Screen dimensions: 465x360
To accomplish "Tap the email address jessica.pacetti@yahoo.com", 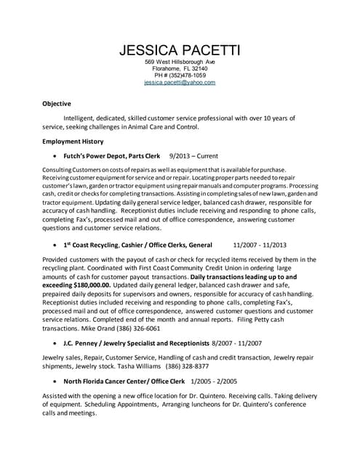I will coord(180,83).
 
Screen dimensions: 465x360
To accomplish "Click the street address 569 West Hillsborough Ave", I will coord(180,62).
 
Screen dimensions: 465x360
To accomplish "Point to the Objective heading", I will coord(57,103).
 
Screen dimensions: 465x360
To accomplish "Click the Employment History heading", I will coord(73,141).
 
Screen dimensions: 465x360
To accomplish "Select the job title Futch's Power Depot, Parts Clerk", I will coord(112,155).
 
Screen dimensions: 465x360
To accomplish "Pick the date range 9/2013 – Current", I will coord(193,155).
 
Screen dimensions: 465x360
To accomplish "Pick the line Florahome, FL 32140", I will coord(180,68).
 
